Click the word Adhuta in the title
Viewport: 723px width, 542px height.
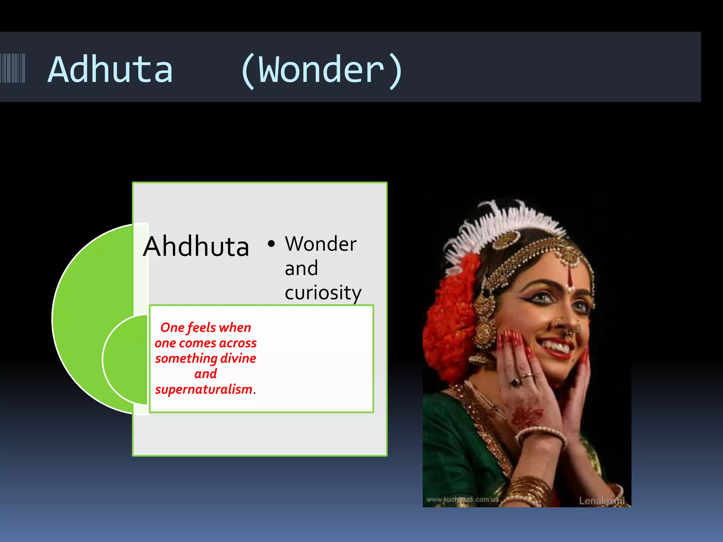point(110,70)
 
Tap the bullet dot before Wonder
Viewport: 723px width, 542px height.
point(271,243)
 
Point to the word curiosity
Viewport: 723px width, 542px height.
point(323,293)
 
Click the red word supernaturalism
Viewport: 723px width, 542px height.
point(204,389)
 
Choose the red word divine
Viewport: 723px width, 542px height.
point(238,358)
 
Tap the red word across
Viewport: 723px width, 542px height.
point(238,343)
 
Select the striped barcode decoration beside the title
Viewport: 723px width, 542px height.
point(13,68)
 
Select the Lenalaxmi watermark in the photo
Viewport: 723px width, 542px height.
point(602,501)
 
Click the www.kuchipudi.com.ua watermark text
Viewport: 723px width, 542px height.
point(462,499)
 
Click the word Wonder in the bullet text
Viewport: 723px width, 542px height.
point(321,244)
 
